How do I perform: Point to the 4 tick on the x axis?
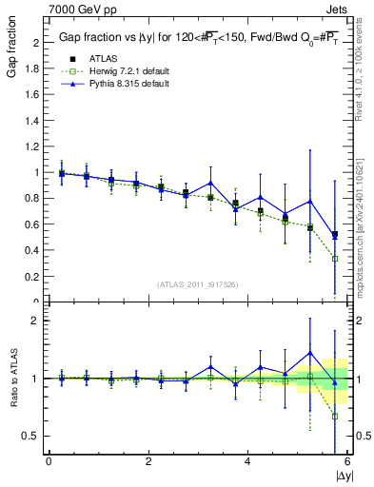[x=247, y=461]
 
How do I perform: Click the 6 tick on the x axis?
[x=347, y=461]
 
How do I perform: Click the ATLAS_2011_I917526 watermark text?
[x=198, y=282]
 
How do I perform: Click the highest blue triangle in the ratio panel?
[x=309, y=353]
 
